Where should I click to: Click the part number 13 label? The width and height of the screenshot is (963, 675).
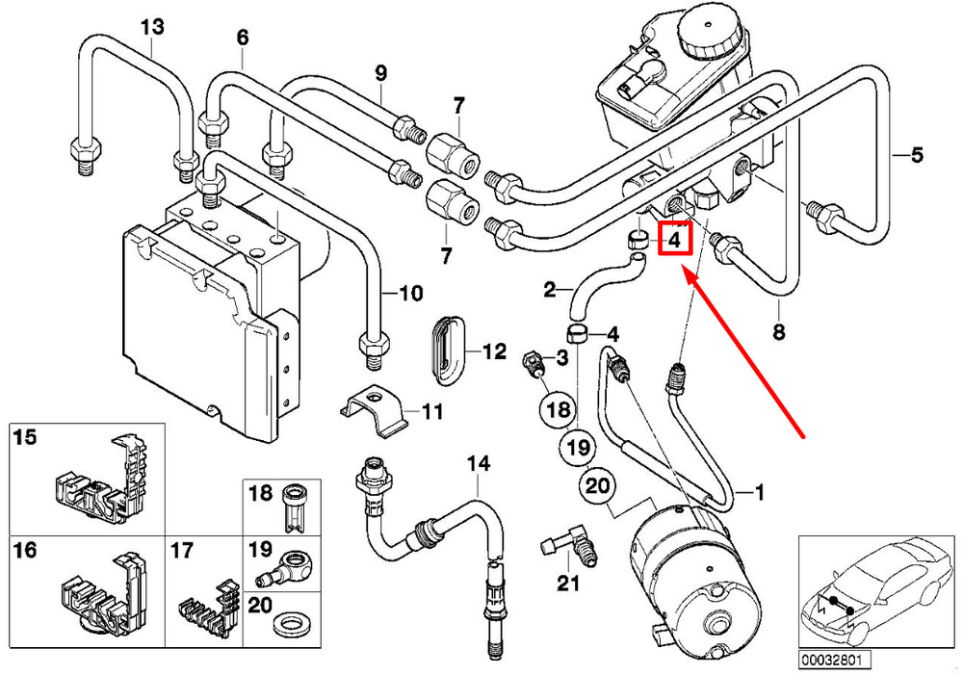click(x=152, y=27)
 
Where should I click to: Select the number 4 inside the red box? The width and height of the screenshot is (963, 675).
click(x=674, y=240)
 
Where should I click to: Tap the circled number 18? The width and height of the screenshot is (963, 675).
click(x=559, y=409)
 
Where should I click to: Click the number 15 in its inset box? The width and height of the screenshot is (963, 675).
click(x=25, y=438)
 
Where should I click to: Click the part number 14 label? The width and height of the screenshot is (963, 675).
click(x=479, y=464)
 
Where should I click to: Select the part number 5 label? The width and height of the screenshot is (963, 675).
click(x=917, y=155)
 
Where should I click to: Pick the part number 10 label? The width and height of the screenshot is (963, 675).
click(x=411, y=293)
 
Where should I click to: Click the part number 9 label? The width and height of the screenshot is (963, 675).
click(x=380, y=74)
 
